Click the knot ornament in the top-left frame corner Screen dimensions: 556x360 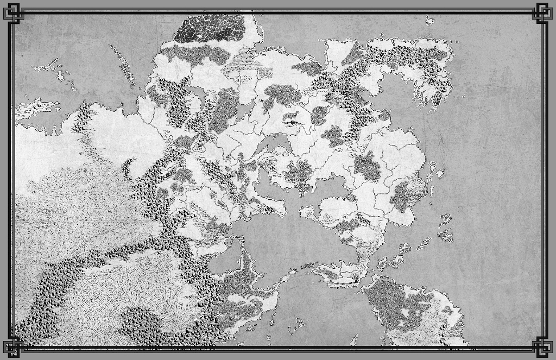[x=13, y=11]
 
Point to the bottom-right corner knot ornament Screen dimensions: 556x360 [x=542, y=348]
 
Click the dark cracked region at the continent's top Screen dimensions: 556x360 [x=209, y=28]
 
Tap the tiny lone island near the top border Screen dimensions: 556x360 [x=429, y=21]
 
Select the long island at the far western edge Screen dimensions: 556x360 [x=35, y=109]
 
